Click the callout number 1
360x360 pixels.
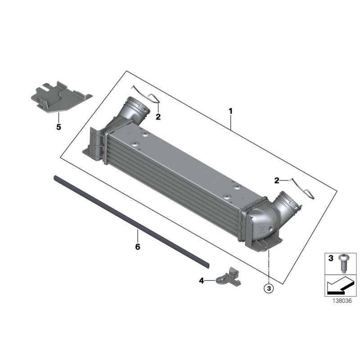coord(231,111)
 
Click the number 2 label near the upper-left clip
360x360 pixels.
coord(158,117)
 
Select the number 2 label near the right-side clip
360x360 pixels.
coord(277,180)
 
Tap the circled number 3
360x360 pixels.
coord(269,288)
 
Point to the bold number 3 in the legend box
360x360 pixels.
coord(330,258)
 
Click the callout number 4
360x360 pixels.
coord(201,281)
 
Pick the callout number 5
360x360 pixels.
coord(58,127)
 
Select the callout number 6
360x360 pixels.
coord(138,247)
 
